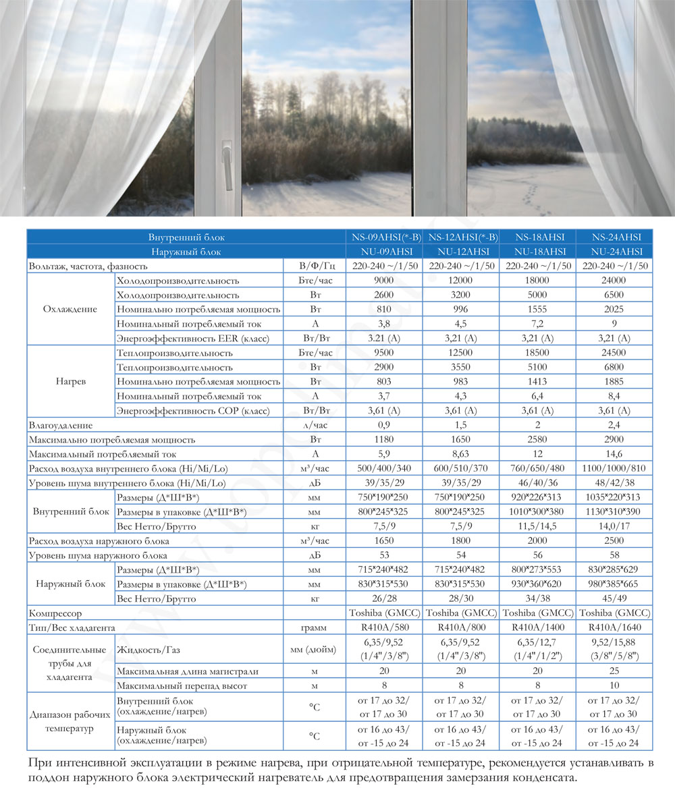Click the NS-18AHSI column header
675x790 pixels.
click(x=539, y=237)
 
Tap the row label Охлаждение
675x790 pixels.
click(x=70, y=310)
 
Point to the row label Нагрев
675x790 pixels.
click(x=70, y=382)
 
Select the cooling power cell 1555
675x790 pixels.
click(x=539, y=310)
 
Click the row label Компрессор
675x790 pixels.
click(x=55, y=614)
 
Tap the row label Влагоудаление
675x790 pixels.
click(x=61, y=426)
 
